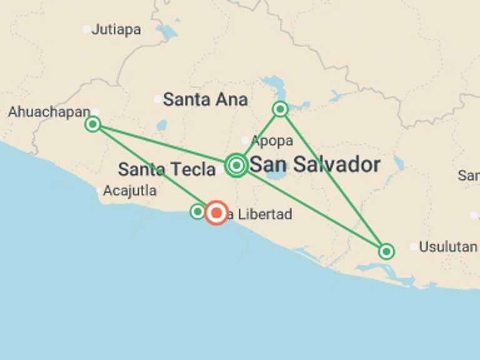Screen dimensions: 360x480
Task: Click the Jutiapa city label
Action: tap(116, 29)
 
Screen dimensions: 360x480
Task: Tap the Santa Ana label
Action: tap(205, 99)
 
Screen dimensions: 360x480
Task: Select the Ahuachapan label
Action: tap(49, 112)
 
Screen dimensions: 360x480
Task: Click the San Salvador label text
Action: tap(315, 165)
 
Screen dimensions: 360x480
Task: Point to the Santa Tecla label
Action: tap(167, 169)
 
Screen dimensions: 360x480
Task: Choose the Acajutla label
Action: tap(130, 191)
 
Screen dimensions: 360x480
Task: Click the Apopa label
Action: tap(272, 141)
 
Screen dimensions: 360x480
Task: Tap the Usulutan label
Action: tap(447, 247)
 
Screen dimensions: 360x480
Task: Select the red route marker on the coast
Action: tap(216, 212)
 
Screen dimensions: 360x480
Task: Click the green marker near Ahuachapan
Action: tap(92, 124)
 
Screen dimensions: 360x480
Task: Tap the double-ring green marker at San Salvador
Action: tap(236, 165)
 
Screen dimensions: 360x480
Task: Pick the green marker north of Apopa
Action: tap(280, 109)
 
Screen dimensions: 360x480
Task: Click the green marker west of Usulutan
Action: tap(386, 251)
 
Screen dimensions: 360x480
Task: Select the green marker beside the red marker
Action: tap(197, 212)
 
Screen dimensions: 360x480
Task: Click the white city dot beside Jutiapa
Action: tap(86, 29)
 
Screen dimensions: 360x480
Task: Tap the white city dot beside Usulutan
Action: tap(413, 247)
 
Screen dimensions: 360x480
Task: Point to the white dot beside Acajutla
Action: tap(99, 191)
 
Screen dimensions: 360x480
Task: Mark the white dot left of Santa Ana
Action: tap(157, 99)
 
